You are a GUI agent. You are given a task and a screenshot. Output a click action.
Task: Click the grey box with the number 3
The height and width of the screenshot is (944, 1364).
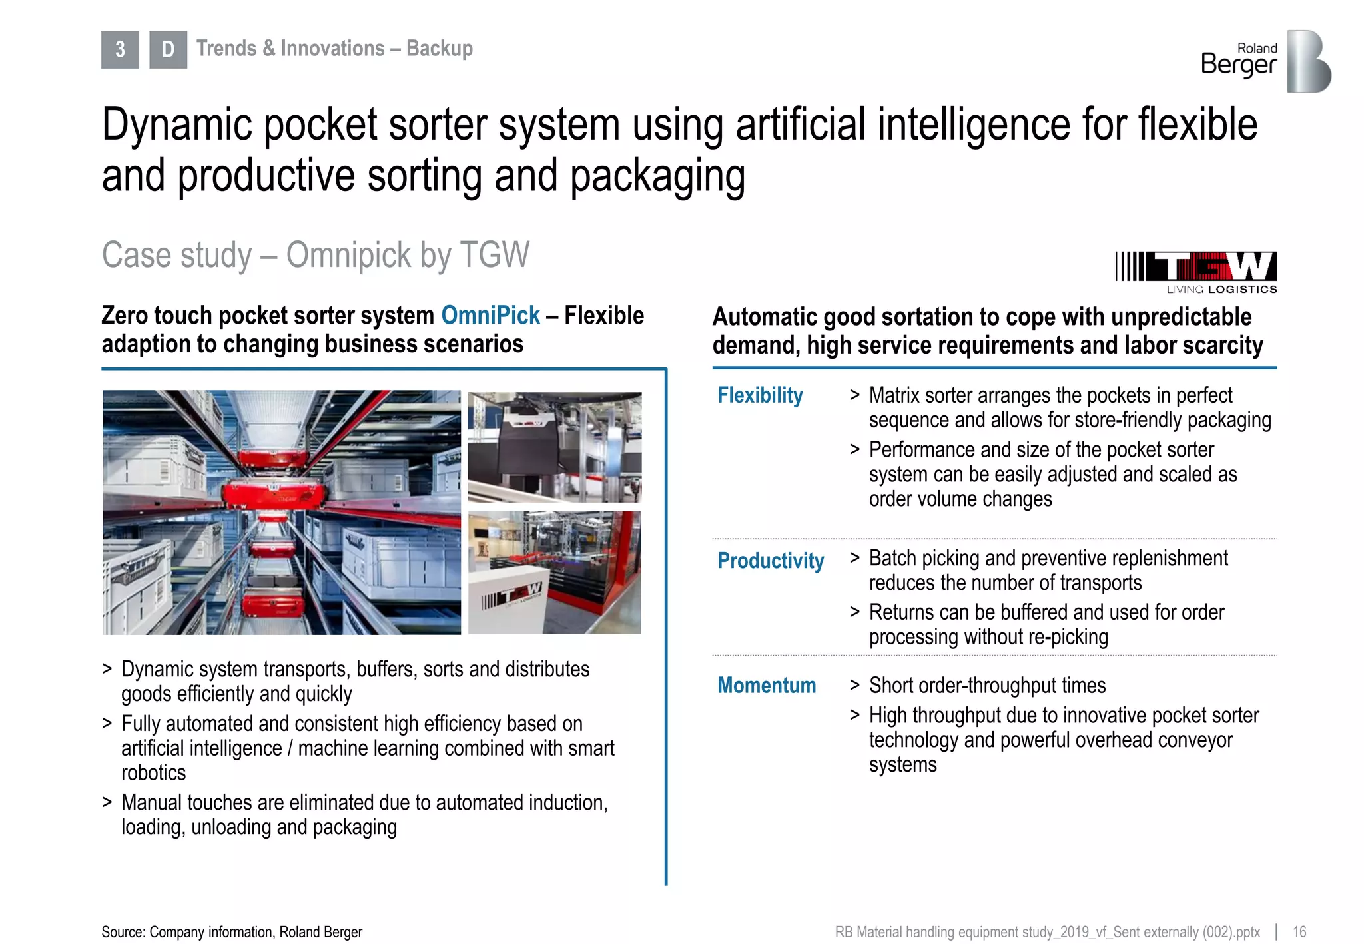(x=120, y=49)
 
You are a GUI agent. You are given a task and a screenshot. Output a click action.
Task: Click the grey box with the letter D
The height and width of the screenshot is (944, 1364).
(x=168, y=49)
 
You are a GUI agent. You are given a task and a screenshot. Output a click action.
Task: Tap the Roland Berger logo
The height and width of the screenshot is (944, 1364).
(x=1265, y=61)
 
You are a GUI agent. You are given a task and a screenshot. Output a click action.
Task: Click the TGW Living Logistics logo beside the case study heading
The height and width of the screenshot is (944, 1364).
(x=1196, y=272)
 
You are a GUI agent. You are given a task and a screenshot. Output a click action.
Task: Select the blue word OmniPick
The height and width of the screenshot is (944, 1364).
(x=490, y=316)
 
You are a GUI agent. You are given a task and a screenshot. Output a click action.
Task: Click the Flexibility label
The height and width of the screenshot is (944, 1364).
(x=760, y=395)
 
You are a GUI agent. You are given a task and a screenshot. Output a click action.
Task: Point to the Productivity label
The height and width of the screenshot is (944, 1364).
(x=771, y=561)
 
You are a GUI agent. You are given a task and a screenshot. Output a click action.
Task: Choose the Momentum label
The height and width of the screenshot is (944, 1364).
(x=767, y=685)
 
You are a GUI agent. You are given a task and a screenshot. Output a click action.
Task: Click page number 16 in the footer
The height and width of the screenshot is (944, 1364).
(x=1299, y=931)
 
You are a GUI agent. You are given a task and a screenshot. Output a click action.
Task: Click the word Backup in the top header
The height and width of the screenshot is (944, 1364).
(x=440, y=49)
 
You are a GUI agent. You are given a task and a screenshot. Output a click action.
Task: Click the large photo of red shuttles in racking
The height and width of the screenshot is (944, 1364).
(x=282, y=512)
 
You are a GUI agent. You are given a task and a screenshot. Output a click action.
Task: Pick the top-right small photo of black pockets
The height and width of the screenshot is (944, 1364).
(x=554, y=447)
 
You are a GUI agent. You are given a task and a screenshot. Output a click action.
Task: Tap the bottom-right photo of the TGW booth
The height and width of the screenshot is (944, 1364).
(x=554, y=573)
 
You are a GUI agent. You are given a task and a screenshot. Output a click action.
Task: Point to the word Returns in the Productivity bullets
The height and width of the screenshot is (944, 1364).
(x=898, y=612)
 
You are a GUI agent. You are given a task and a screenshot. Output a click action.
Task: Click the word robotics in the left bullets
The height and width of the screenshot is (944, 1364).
(x=153, y=773)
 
